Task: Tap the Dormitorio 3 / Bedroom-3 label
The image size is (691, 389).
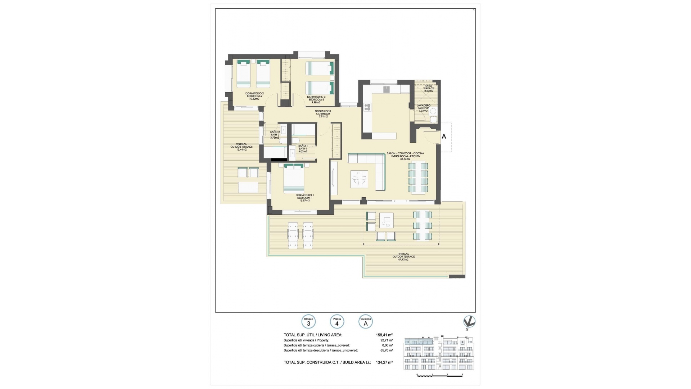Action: [316, 99]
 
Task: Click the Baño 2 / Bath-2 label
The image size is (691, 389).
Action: [275, 134]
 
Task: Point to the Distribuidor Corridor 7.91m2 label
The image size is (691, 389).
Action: [323, 113]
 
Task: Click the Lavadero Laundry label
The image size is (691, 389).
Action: [423, 108]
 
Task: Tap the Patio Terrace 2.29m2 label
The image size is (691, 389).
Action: [428, 88]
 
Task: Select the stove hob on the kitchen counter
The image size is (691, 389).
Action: [367, 107]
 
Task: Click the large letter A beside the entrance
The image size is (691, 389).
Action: [444, 137]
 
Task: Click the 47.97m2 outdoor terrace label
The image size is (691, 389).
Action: [403, 256]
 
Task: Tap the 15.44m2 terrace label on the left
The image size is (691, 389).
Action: [241, 147]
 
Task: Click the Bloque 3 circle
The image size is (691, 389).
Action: [308, 322]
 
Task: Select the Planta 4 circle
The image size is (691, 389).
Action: [337, 322]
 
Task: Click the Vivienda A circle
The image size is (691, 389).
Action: [366, 322]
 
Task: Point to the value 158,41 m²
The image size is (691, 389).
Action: [384, 335]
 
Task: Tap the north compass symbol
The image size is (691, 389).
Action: [469, 322]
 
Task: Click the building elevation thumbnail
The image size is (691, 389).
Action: [439, 358]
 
